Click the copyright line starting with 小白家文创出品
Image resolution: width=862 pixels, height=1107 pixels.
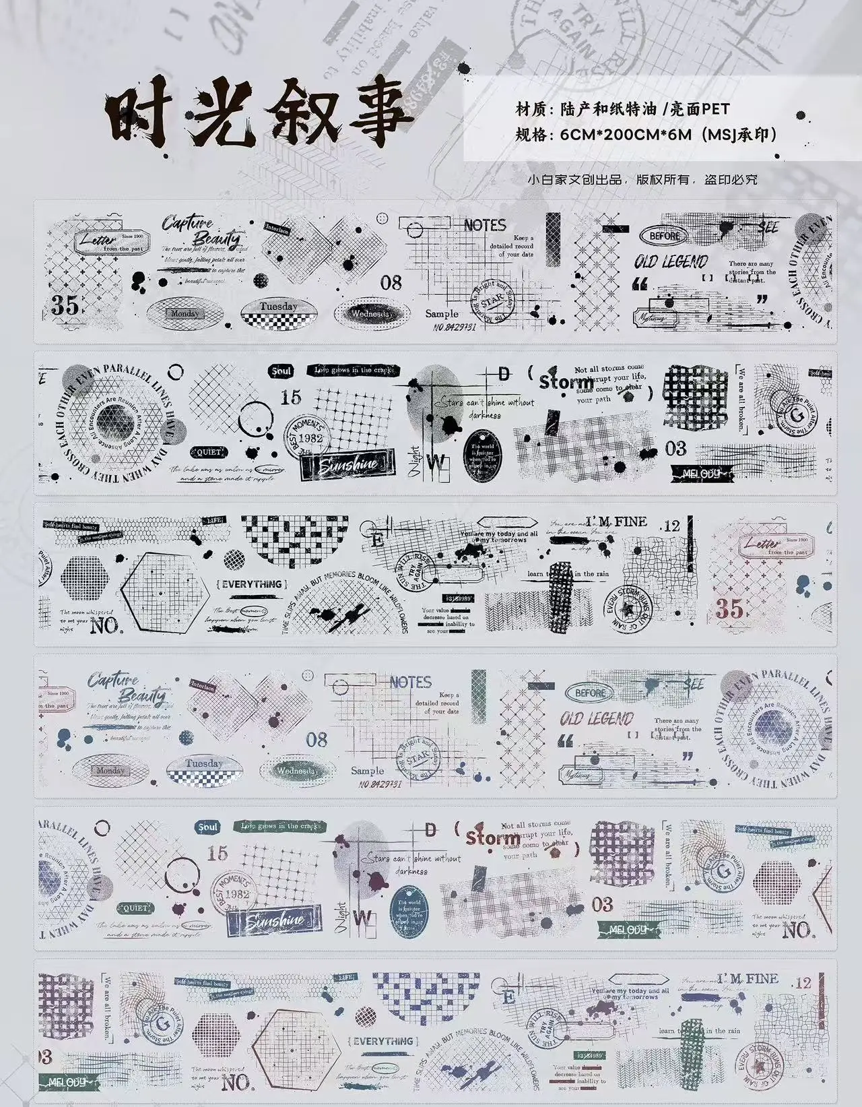point(642,180)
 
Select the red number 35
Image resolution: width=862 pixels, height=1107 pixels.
point(729,609)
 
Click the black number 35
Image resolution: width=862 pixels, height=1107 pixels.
point(65,305)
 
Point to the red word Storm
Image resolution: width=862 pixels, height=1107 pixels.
point(492,837)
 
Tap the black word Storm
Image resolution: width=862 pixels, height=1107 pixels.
point(566,382)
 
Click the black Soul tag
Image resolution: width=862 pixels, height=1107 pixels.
point(281,371)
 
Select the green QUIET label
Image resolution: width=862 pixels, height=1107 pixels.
point(135,908)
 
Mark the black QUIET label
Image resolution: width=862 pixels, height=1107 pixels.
point(209,452)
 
